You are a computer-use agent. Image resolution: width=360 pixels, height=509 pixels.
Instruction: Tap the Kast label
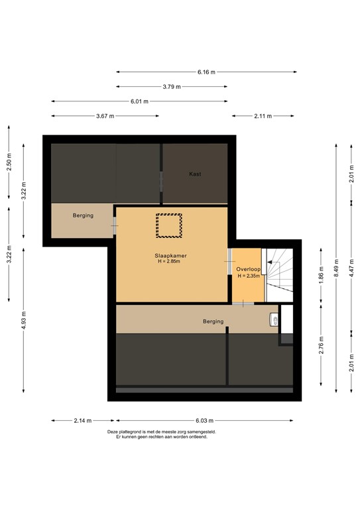pyautogui.click(x=195, y=174)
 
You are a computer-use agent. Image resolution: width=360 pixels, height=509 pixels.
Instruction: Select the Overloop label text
pyautogui.click(x=247, y=268)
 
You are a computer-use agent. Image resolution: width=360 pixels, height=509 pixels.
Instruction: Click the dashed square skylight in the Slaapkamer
pyautogui.click(x=169, y=225)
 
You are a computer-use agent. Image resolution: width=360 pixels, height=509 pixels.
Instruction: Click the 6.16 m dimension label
pyautogui.click(x=206, y=72)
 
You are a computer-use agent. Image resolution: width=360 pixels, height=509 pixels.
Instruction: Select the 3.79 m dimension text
pyautogui.click(x=171, y=86)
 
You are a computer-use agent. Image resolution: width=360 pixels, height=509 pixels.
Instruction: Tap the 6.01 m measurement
pyautogui.click(x=139, y=101)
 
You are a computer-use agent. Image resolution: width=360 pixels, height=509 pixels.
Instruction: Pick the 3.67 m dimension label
pyautogui.click(x=105, y=116)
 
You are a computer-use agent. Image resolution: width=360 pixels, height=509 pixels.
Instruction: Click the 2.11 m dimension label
pyautogui.click(x=262, y=116)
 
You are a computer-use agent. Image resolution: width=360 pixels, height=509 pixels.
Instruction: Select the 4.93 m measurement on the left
pyautogui.click(x=23, y=319)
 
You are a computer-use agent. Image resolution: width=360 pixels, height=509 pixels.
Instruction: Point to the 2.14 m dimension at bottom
pyautogui.click(x=82, y=420)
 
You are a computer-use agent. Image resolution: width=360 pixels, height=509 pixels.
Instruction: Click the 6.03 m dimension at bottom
pyautogui.click(x=204, y=420)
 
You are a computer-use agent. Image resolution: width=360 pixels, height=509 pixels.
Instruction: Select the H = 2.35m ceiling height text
pyautogui.click(x=248, y=276)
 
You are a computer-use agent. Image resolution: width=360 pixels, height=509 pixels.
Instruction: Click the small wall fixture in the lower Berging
pyautogui.click(x=273, y=320)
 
